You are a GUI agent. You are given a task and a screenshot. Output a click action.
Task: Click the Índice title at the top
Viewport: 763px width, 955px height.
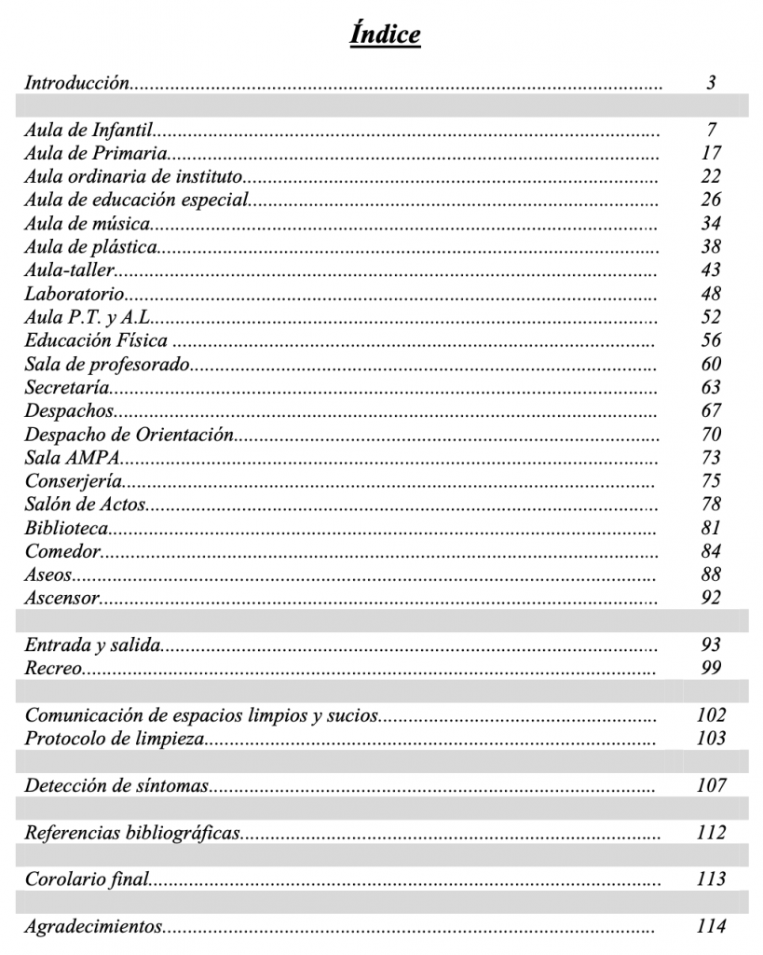(x=385, y=35)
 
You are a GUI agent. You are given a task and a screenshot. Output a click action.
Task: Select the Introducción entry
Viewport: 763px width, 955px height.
(x=76, y=83)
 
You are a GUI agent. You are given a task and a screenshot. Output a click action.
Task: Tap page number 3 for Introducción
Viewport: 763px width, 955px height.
(x=711, y=83)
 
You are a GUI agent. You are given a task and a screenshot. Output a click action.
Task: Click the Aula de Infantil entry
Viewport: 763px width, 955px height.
(x=88, y=131)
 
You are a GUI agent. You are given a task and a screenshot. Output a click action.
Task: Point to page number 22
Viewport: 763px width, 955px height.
(x=711, y=177)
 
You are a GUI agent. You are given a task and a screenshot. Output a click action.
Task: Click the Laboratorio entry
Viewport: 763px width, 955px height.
(x=74, y=295)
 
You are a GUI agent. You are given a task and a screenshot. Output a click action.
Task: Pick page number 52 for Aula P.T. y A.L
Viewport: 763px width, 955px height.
(x=711, y=318)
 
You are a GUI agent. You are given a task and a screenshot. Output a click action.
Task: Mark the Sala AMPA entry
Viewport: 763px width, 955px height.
(x=74, y=458)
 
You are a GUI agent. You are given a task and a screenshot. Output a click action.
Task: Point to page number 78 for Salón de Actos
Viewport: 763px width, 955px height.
(x=711, y=505)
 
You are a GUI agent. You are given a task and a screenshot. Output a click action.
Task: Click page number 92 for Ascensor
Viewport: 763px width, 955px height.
(x=711, y=598)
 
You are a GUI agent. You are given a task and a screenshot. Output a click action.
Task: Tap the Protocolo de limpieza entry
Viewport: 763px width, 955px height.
(x=114, y=740)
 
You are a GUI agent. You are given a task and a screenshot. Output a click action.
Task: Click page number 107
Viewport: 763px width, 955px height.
(x=711, y=786)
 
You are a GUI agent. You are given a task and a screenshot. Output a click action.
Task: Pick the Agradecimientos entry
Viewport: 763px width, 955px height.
(x=92, y=927)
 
